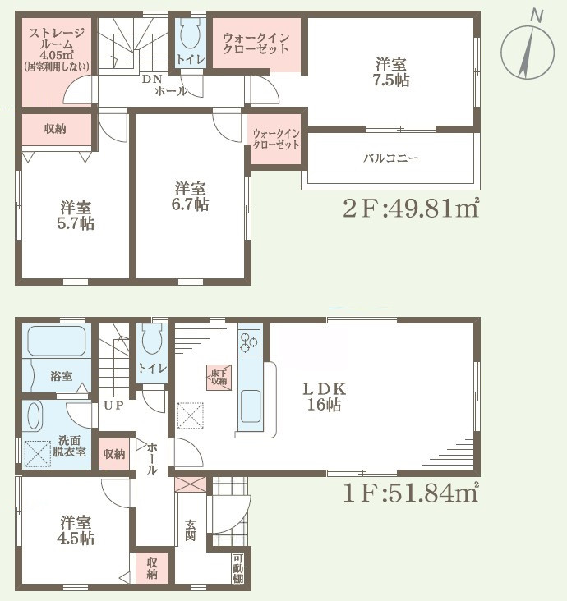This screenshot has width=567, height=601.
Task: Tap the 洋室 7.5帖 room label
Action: tap(392, 72)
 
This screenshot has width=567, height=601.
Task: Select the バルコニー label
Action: tap(391, 158)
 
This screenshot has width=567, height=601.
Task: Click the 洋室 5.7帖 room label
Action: tap(76, 214)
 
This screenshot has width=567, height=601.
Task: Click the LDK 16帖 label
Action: tap(324, 396)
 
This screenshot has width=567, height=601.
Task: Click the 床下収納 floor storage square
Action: tap(218, 377)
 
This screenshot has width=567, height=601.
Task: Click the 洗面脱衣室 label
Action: tap(69, 444)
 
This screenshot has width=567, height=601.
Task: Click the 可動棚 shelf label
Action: tap(237, 568)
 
